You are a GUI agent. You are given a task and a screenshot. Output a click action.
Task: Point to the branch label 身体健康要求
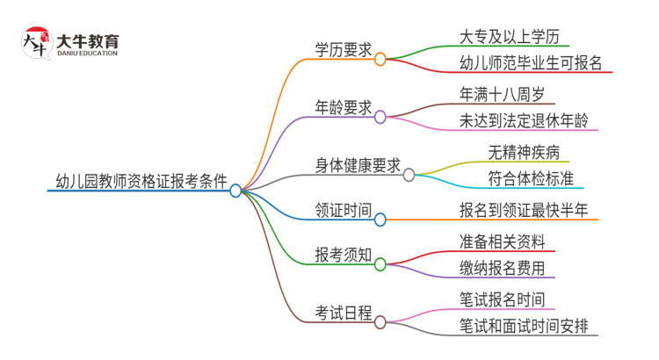point(358,165)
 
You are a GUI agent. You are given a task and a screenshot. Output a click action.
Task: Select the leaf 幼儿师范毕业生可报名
point(531,62)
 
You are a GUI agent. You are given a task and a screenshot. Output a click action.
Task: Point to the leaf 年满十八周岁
point(507,93)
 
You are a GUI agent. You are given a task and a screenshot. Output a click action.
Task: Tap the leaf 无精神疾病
point(524,151)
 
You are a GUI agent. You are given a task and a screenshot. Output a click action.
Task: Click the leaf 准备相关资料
point(507,241)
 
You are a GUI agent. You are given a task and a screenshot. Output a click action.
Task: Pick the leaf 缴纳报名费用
point(507,268)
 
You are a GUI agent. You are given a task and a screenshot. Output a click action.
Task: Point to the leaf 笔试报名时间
point(507,299)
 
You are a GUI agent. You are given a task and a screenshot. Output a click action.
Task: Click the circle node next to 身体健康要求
point(409,175)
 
